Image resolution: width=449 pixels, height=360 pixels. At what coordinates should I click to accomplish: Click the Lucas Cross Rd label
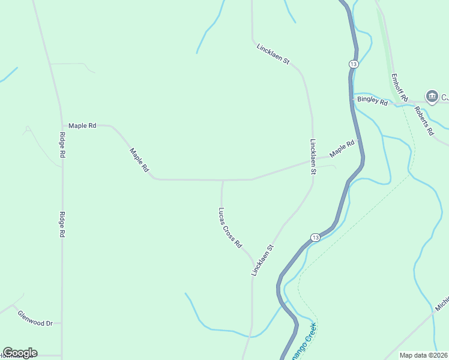[229, 228]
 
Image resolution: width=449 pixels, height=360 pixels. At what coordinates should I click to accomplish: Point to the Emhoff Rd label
[400, 88]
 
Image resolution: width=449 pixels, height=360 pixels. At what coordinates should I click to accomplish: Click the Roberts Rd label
[427, 122]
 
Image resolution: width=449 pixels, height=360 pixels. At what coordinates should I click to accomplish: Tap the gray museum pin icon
[432, 96]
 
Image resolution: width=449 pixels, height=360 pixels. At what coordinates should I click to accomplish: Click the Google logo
[20, 353]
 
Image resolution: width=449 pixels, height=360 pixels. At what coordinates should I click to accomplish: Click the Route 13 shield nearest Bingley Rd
[353, 64]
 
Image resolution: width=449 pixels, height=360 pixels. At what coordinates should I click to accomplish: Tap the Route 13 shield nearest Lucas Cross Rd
[316, 238]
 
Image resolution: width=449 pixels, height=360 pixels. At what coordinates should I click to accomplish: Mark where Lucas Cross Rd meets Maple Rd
[223, 179]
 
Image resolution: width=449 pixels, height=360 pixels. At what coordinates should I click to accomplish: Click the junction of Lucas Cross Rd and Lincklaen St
[252, 265]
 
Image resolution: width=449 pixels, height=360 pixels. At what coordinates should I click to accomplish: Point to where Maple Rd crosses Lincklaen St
[313, 161]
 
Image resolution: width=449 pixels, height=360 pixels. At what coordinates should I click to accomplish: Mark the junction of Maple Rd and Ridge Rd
[62, 126]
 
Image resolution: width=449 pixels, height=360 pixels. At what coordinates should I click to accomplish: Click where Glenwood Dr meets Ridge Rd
[62, 323]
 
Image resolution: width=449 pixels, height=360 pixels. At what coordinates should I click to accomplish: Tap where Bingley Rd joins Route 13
[353, 98]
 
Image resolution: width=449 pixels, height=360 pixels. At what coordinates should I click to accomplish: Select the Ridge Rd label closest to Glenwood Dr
[61, 225]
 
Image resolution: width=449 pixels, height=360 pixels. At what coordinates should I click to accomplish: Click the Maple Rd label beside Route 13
[343, 148]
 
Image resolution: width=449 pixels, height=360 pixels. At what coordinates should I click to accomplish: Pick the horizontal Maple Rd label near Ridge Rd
[82, 126]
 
